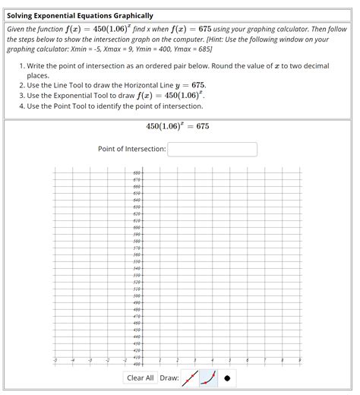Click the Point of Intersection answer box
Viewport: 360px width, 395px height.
212,149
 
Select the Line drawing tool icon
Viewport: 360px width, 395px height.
191,378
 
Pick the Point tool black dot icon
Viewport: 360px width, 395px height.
226,378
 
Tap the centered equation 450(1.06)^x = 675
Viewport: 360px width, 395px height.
177,126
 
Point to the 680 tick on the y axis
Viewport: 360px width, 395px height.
137,172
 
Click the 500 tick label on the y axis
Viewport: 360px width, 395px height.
137,295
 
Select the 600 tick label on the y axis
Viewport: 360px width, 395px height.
137,227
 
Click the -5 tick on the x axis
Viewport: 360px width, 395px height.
54,361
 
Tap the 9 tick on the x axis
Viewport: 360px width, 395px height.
300,361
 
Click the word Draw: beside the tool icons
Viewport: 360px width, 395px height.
169,378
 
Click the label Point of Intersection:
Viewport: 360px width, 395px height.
131,149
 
